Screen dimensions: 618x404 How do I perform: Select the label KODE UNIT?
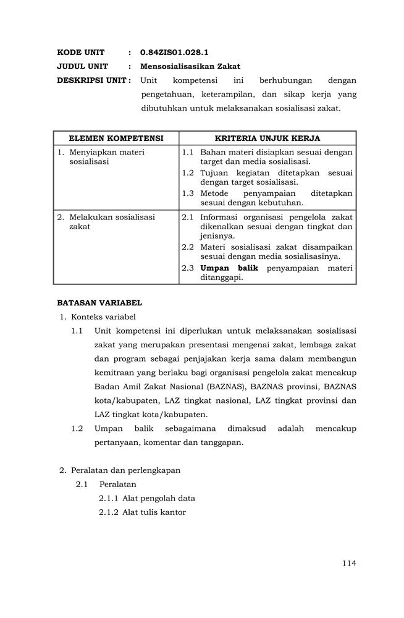[x=81, y=53]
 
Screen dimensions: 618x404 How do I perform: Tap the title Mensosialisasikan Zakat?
[x=190, y=66]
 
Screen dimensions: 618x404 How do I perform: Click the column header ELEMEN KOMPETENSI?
[x=116, y=138]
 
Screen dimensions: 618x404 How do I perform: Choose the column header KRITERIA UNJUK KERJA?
[x=267, y=138]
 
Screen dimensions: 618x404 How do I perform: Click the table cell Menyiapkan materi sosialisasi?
[x=107, y=157]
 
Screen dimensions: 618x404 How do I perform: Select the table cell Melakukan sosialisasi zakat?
[x=112, y=222]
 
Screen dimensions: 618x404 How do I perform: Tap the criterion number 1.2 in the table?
[x=188, y=173]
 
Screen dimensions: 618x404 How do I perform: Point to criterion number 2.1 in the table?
[x=188, y=217]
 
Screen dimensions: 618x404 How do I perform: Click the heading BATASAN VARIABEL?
[x=99, y=303]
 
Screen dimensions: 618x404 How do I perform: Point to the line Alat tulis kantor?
[x=154, y=512]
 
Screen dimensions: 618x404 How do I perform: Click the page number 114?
[x=349, y=563]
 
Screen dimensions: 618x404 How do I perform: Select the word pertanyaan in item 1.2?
[x=120, y=442]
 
